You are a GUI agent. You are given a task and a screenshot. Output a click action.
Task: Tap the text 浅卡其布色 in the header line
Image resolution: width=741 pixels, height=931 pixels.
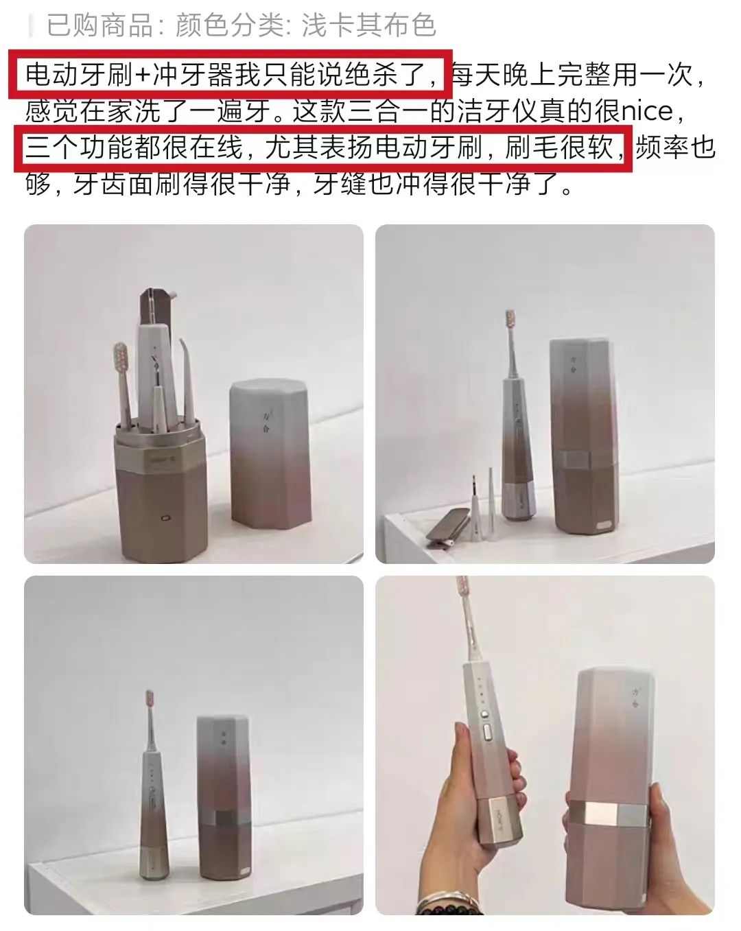click(x=368, y=25)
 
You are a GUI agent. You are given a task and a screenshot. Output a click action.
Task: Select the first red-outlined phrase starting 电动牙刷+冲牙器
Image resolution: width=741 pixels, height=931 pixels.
click(x=231, y=74)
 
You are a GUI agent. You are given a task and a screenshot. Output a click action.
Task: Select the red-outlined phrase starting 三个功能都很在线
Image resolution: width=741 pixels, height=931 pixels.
click(x=325, y=148)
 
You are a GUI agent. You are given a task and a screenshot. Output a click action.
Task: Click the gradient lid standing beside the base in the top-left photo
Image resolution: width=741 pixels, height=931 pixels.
click(x=270, y=453)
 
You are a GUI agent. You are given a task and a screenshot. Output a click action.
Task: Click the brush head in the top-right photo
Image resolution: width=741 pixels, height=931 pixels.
click(x=510, y=320)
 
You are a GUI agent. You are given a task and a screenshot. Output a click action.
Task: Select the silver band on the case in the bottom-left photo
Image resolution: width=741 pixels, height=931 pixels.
click(x=225, y=818)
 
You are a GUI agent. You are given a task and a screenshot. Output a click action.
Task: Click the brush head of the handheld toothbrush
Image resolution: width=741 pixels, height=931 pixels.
click(x=463, y=592)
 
